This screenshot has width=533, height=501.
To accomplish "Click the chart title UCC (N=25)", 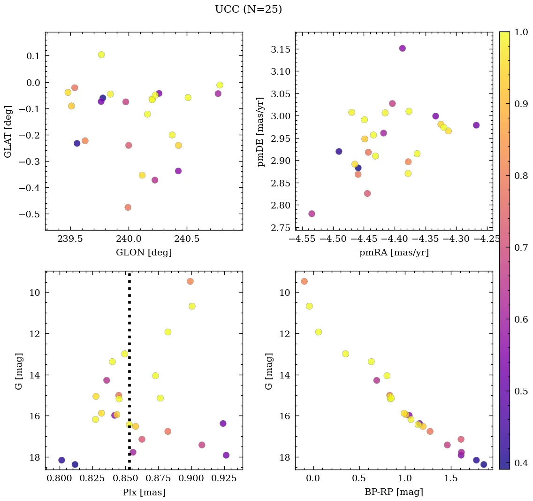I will pyautogui.click(x=248, y=9).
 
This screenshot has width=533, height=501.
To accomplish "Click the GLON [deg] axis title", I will pyautogui.click(x=144, y=253).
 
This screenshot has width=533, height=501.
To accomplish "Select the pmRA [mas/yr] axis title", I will pyautogui.click(x=394, y=253).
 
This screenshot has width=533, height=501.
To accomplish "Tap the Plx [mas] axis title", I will pyautogui.click(x=144, y=492).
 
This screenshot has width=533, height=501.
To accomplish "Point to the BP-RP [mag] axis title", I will pyautogui.click(x=394, y=492).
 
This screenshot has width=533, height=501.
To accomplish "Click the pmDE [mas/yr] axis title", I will pyautogui.click(x=261, y=131).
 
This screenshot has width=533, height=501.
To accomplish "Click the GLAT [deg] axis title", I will pyautogui.click(x=8, y=131).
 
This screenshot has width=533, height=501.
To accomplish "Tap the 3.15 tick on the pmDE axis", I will pyautogui.click(x=281, y=49).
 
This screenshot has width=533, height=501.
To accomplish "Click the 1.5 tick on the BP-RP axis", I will pyautogui.click(x=450, y=478).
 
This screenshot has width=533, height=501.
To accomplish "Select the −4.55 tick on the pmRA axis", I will pyautogui.click(x=303, y=239).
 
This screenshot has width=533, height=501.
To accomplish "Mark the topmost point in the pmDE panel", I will pyautogui.click(x=403, y=48).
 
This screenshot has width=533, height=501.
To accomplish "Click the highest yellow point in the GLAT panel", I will pyautogui.click(x=101, y=54).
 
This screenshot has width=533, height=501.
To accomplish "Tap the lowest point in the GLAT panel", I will pyautogui.click(x=128, y=207).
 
